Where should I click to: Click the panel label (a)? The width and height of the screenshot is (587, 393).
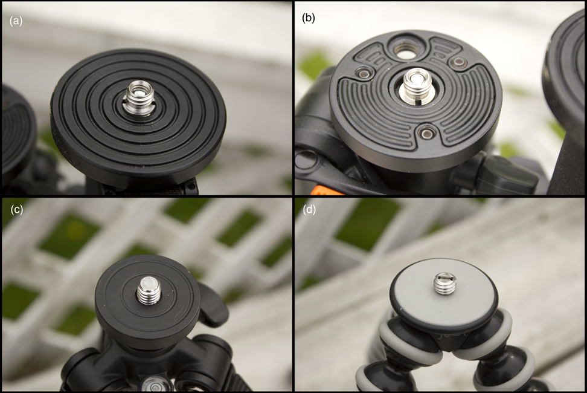tap(16, 21)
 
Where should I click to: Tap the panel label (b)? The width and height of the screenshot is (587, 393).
tap(309, 18)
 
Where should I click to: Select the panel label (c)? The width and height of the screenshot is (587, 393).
tap(17, 210)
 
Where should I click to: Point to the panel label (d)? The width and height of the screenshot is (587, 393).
tap(309, 210)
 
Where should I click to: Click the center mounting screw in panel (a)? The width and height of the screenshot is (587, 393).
tap(138, 98)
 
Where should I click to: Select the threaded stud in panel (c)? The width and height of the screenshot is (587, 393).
tap(149, 290)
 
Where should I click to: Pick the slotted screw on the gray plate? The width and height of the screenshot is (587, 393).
tap(444, 284)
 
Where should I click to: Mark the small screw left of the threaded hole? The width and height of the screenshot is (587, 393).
tap(364, 73)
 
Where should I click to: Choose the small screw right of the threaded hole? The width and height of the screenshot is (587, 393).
tap(458, 62)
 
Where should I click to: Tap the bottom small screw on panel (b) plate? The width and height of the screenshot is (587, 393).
tap(426, 132)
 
